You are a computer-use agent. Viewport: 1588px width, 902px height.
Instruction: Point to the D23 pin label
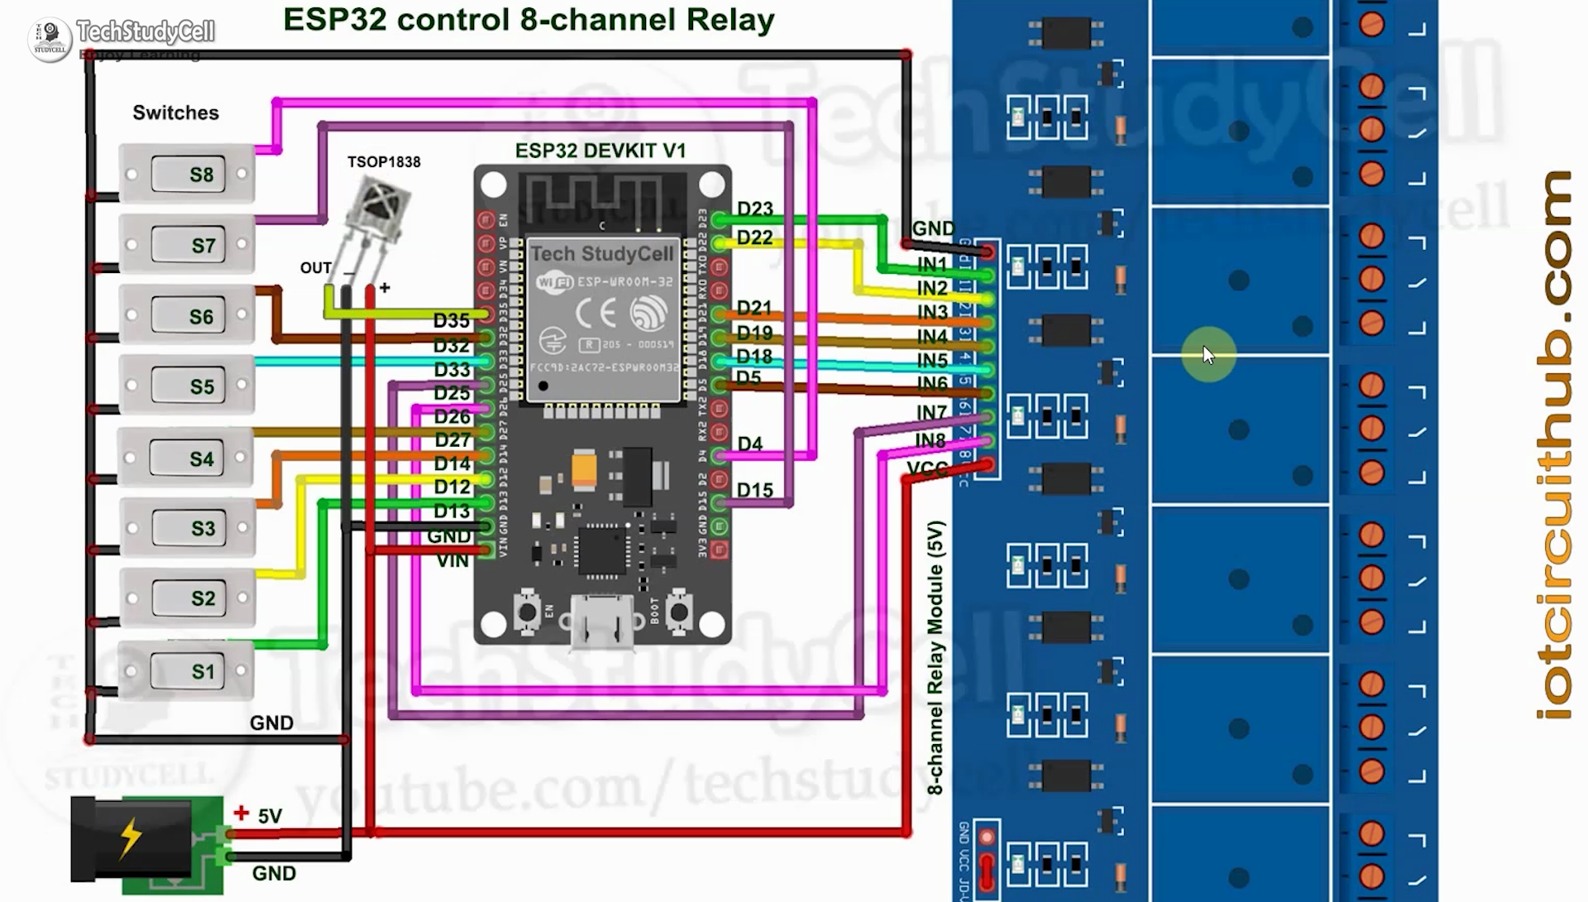tap(754, 209)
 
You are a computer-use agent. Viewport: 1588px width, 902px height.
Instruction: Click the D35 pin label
tap(451, 320)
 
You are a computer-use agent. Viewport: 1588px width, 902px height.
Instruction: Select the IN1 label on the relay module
tap(932, 264)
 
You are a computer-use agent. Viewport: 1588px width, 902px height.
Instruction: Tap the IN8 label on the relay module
tap(930, 441)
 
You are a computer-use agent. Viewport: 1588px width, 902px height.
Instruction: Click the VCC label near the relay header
tap(927, 469)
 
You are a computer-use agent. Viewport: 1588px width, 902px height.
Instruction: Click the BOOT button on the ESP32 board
tap(679, 612)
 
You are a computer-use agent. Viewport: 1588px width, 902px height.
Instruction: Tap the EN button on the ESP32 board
tap(527, 612)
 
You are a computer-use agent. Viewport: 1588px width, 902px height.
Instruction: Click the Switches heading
tap(175, 113)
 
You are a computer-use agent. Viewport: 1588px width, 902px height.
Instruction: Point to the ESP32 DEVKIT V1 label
tap(600, 151)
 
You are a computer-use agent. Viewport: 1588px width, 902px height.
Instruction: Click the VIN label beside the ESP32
tap(452, 561)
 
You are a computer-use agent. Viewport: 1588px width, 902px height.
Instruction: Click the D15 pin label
tap(754, 491)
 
